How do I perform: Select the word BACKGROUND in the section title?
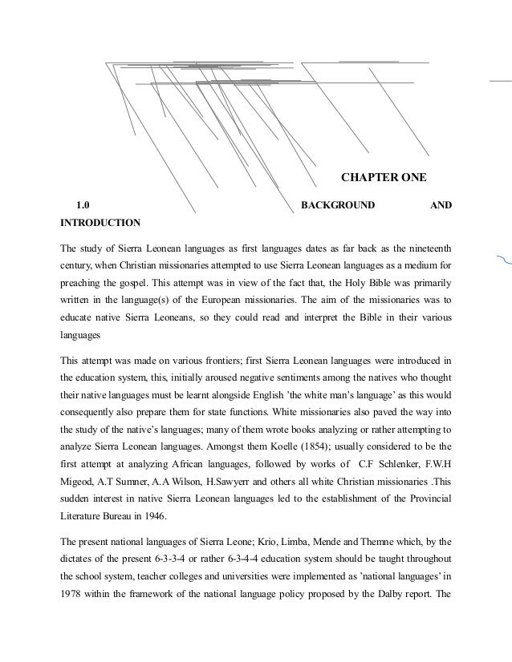(x=337, y=205)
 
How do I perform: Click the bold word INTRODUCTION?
(x=100, y=222)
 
